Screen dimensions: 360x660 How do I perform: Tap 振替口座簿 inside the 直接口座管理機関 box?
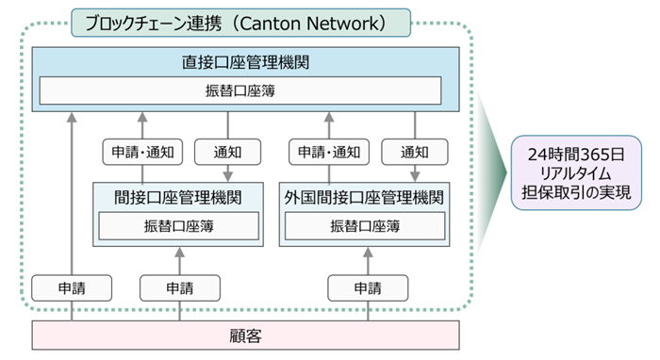pos(239,91)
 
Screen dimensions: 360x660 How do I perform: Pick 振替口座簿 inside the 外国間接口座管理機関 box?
pos(364,226)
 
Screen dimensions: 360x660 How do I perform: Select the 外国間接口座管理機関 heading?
pos(364,198)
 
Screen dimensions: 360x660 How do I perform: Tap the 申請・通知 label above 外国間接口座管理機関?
pos(328,151)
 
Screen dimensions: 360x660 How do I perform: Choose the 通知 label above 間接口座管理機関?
pos(226,151)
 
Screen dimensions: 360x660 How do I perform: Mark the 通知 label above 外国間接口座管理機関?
pos(414,151)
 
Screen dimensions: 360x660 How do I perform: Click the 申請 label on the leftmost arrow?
pos(72,286)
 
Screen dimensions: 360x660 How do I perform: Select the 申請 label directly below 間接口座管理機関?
pos(178,286)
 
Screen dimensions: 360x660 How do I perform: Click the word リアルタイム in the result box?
pos(577,173)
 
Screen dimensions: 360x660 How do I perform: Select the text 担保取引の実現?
pos(577,194)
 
